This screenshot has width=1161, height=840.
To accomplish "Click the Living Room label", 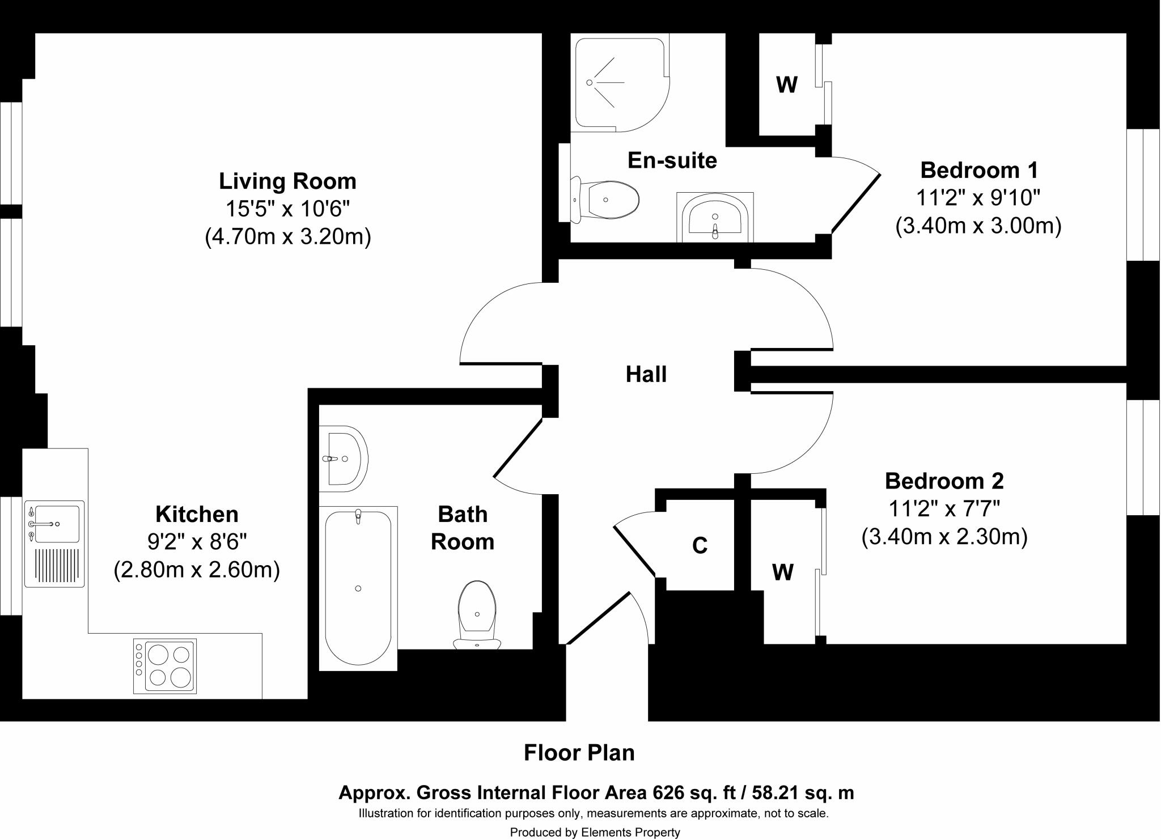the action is (x=288, y=181).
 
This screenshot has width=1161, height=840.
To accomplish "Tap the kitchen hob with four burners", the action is (x=165, y=666).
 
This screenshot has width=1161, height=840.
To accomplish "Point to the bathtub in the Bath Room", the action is (x=358, y=588).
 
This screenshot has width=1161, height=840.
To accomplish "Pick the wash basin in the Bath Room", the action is (x=344, y=459).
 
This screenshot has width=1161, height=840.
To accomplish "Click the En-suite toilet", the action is (x=604, y=200).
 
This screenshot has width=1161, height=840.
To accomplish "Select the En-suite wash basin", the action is (x=715, y=217).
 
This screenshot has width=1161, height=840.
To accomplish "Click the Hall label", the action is (x=646, y=375).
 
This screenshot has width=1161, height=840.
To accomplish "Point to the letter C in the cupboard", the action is (x=700, y=545).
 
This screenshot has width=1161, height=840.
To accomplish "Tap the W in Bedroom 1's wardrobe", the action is (x=787, y=85).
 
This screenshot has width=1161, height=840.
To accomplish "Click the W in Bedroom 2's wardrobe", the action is (x=783, y=573).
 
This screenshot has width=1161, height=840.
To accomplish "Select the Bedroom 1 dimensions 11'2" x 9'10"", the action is (x=978, y=198).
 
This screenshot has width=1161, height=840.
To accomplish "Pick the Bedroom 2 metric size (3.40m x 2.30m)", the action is (x=944, y=536).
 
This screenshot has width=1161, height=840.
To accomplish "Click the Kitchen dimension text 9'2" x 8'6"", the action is (x=197, y=542).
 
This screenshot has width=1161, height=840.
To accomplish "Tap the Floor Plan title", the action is (x=579, y=753).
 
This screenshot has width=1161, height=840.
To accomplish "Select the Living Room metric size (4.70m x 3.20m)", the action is (x=288, y=236).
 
